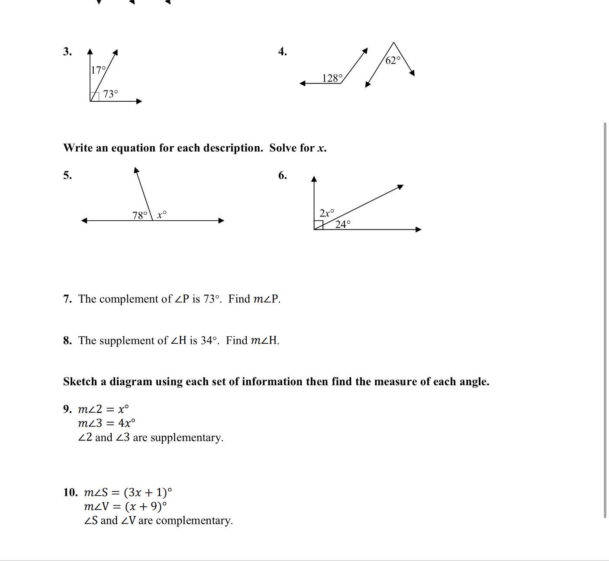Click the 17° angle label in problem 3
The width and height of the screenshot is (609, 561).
[x=98, y=70]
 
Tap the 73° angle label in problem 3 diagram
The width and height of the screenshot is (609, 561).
[x=110, y=94]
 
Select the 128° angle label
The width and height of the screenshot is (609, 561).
[x=332, y=78]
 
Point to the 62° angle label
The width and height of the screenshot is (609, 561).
[x=393, y=60]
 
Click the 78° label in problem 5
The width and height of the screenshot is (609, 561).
[x=140, y=215]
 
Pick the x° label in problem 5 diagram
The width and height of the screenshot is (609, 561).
[x=162, y=214]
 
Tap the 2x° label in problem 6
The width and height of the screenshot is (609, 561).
[x=327, y=213]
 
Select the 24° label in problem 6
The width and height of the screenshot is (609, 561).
[x=343, y=224]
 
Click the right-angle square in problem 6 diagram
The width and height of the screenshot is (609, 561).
[x=319, y=225]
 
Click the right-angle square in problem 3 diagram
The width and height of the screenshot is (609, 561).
[x=94, y=97]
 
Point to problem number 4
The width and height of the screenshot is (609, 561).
[x=282, y=52]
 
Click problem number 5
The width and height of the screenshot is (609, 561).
[x=67, y=175]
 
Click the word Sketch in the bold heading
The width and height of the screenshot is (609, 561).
[x=80, y=382]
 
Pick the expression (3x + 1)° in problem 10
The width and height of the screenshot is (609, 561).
[x=148, y=492]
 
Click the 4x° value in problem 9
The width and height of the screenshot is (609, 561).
[x=126, y=423]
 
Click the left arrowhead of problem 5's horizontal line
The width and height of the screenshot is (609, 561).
[x=84, y=220]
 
